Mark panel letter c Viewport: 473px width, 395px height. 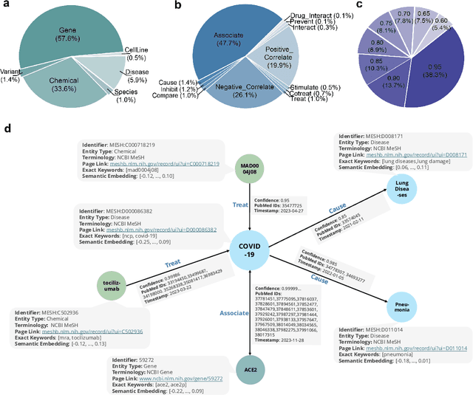tap(358, 4)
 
